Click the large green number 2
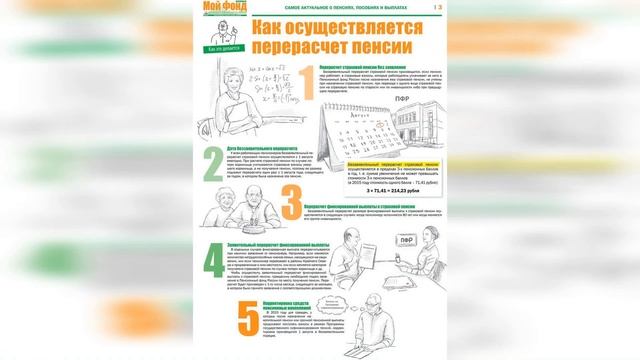(x=213, y=190)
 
